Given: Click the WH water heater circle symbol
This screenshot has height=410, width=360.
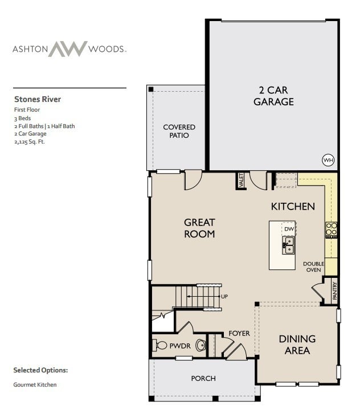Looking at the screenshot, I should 328,160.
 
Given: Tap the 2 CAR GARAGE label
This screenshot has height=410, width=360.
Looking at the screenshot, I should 273,96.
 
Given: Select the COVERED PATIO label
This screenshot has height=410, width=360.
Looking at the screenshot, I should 179,131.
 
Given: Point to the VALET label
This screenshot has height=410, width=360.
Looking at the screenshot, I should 242,181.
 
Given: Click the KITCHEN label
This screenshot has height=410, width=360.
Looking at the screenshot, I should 293,206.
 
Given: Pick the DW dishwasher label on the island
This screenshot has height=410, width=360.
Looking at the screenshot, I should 289,229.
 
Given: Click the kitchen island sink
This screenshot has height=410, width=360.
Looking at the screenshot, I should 288,245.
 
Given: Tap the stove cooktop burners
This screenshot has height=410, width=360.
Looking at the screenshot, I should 331,229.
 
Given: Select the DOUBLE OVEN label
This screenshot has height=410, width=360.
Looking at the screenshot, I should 313,266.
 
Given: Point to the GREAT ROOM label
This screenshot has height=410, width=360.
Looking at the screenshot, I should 199,228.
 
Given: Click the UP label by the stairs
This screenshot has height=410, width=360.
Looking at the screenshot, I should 224,297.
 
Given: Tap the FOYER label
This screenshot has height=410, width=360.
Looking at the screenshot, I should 239,333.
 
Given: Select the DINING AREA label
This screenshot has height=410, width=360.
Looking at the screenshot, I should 297,345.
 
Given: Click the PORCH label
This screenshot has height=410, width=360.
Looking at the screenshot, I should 203,378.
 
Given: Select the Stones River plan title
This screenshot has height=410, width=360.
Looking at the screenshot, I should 38,99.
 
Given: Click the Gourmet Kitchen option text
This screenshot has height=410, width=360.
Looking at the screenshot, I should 35,384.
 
